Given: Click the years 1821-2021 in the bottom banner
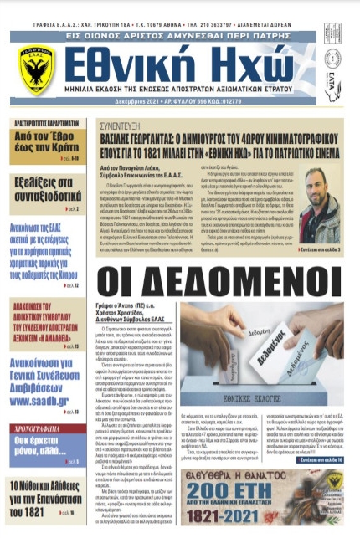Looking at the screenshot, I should pos(269,518).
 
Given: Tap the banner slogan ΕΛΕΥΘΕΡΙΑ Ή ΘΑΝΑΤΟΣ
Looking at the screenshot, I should pos(269,472).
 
